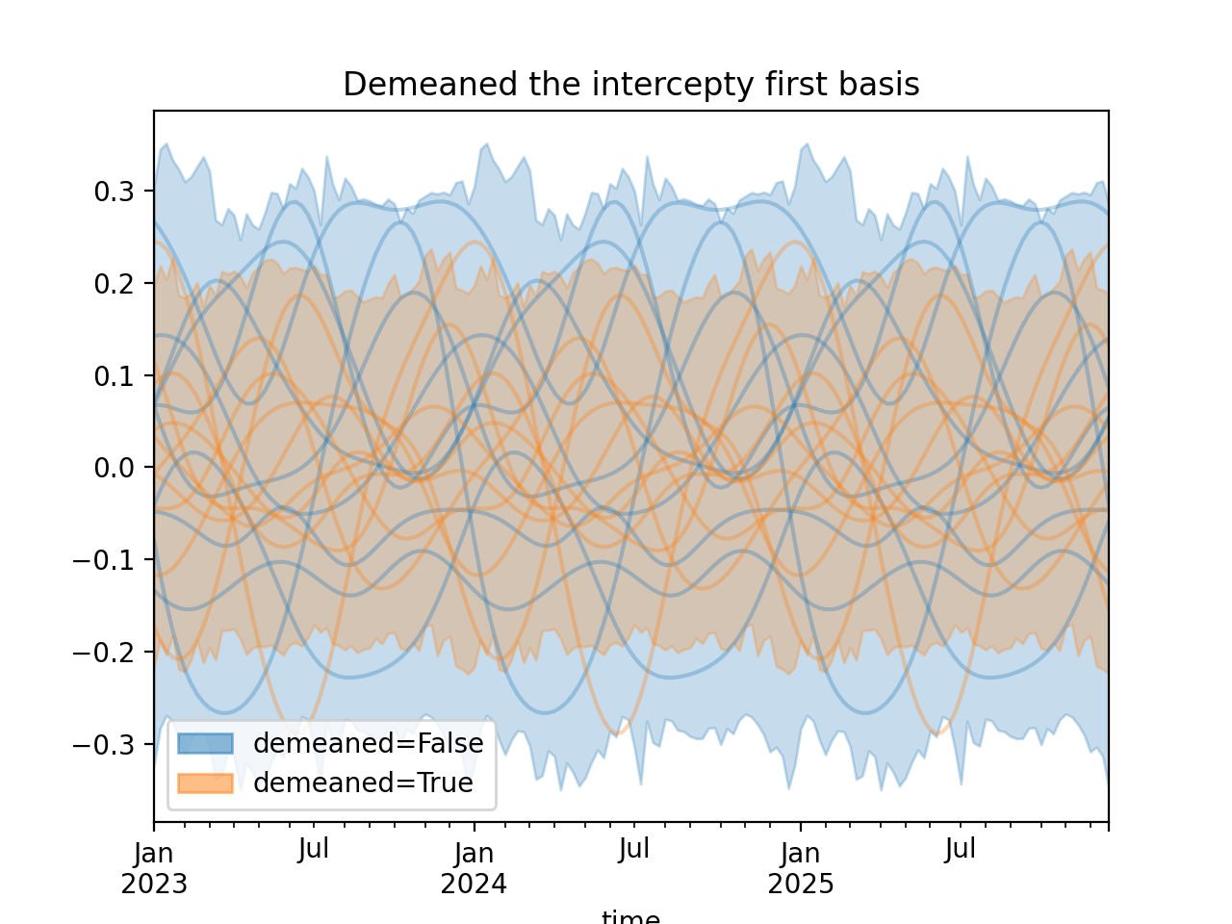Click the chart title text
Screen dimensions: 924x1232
(630, 85)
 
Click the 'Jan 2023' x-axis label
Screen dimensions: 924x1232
(154, 868)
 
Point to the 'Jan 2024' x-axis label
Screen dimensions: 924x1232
(474, 868)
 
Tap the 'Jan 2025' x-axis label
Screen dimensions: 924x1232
(801, 868)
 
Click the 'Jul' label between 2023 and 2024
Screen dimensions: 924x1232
(314, 850)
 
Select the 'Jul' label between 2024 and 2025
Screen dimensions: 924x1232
(634, 850)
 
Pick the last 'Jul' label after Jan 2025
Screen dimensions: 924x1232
(961, 850)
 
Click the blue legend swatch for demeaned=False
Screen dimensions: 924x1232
(205, 743)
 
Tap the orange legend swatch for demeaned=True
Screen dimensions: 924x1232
(205, 783)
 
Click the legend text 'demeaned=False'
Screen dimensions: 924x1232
(368, 743)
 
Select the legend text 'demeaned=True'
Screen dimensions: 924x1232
(363, 783)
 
